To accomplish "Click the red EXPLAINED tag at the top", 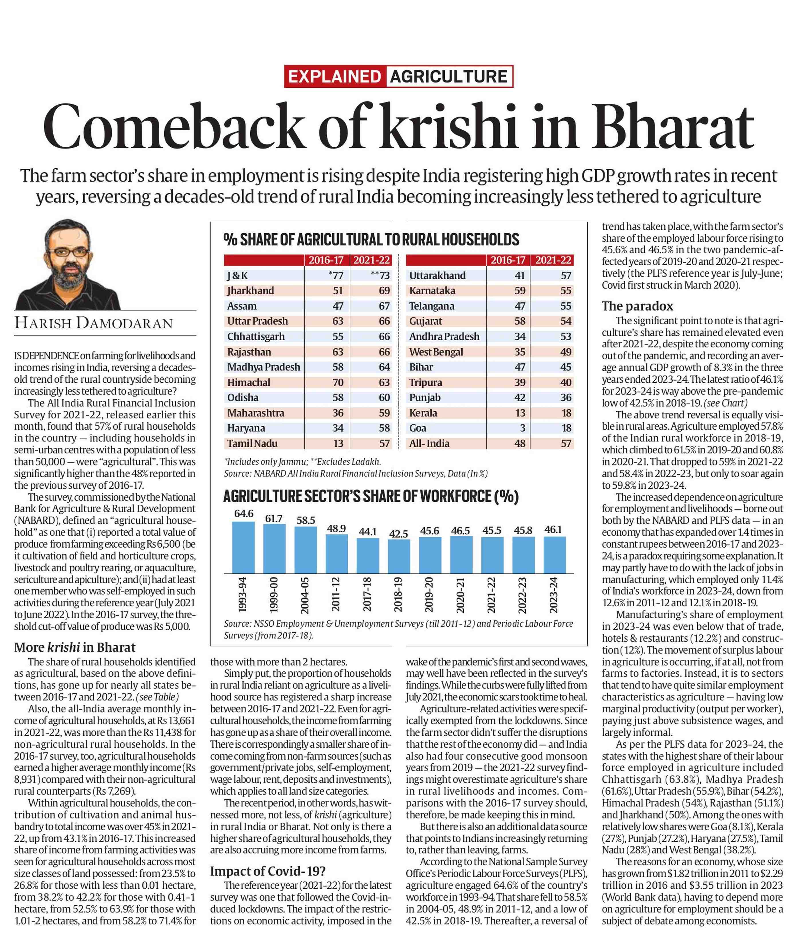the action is click(x=335, y=76).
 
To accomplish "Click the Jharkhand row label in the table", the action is click(x=250, y=290).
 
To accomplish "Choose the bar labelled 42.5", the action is click(x=399, y=556).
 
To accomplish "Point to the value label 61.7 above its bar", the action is click(x=274, y=518).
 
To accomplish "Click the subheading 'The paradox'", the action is click(x=637, y=306).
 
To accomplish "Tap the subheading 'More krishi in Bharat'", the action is click(x=75, y=647).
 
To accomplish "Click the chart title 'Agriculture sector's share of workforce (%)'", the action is click(x=371, y=496).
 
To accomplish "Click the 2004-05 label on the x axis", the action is click(x=305, y=594).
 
